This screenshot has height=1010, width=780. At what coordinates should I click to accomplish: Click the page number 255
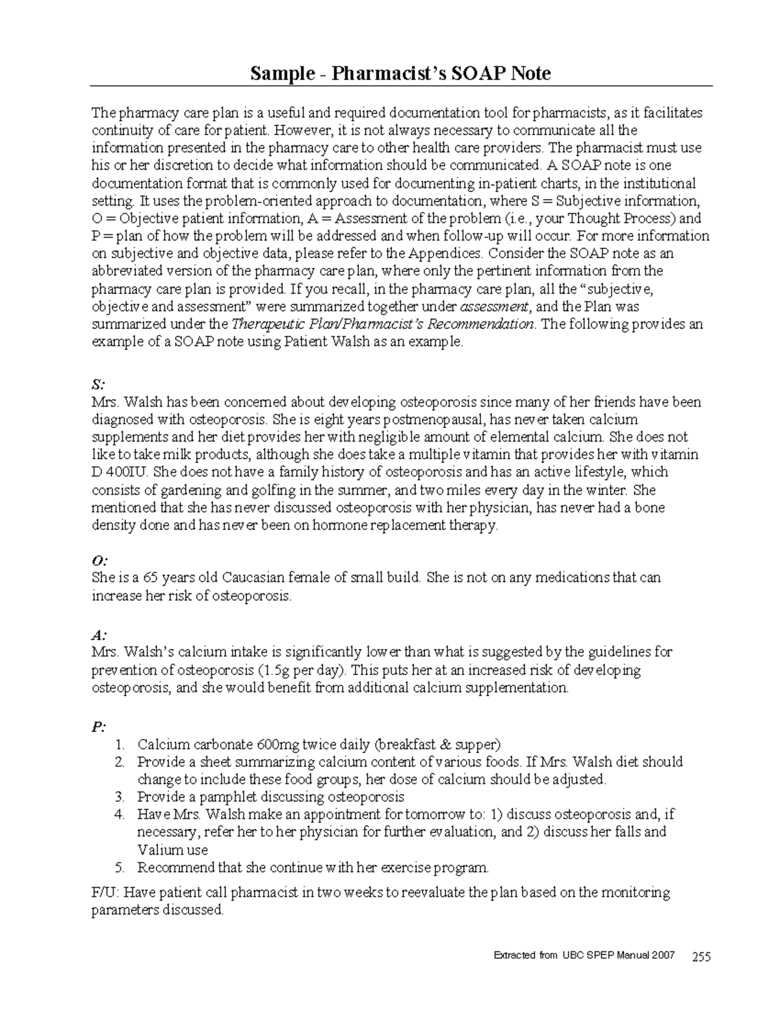click(x=701, y=956)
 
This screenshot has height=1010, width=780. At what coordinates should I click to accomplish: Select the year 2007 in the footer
click(x=663, y=955)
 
